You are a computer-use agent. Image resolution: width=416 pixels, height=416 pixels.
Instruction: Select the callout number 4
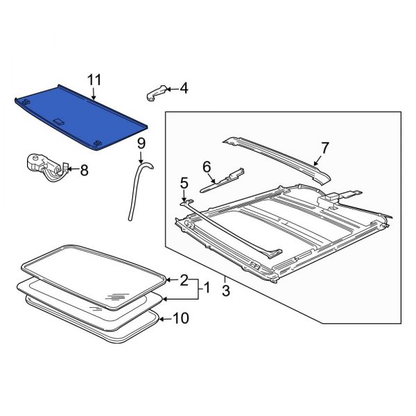(x=183, y=88)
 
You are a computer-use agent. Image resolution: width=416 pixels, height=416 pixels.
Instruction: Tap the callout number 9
(x=141, y=144)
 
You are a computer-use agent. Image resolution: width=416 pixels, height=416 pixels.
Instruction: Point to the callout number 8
(x=85, y=168)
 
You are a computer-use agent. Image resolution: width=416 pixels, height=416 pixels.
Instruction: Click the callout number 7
(x=324, y=146)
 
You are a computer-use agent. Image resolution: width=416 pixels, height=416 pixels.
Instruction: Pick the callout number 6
(x=207, y=166)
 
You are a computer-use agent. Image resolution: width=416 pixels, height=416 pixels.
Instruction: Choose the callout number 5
(x=184, y=183)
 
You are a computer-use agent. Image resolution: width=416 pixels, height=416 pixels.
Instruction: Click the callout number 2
(x=184, y=280)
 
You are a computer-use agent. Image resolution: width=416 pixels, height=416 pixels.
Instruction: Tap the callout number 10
(x=180, y=319)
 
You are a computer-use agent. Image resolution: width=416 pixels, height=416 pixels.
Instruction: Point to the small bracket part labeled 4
(x=157, y=94)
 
